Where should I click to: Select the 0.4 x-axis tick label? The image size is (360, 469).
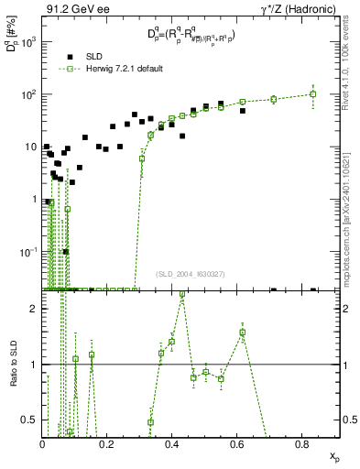[172, 444]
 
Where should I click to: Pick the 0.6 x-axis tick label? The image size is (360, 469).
[239, 444]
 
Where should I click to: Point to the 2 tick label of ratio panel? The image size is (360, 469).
[33, 309]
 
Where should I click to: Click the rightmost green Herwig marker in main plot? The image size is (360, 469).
[313, 93]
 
